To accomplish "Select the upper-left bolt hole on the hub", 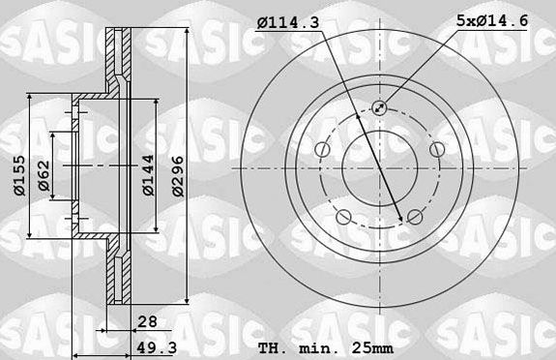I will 322,148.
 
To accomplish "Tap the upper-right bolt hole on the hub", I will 434,148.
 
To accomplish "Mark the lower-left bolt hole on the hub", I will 343,215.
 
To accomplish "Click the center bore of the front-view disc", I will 378,166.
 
